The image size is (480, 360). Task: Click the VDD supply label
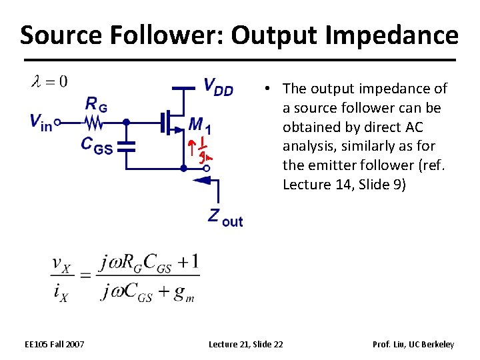(218, 87)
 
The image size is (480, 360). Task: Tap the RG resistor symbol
(95, 122)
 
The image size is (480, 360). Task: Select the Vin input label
(40, 122)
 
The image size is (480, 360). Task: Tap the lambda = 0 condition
(49, 82)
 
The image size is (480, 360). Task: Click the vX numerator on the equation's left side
(61, 266)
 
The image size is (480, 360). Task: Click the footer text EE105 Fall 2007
(54, 344)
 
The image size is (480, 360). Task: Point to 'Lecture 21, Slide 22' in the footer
(245, 344)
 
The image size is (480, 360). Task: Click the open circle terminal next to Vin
(58, 122)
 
